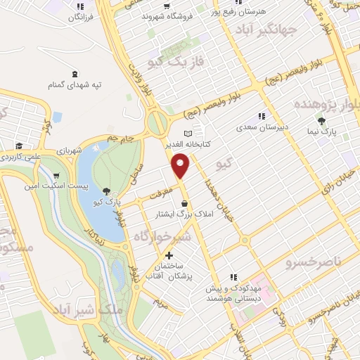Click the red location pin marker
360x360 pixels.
[x=181, y=167]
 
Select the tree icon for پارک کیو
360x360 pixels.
[x=106, y=191]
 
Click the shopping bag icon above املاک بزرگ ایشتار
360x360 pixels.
[x=184, y=203]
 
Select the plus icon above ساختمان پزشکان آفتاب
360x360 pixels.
[x=168, y=256]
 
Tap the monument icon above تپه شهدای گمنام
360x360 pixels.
[x=75, y=75]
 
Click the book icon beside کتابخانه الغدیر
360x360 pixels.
[x=187, y=134]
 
